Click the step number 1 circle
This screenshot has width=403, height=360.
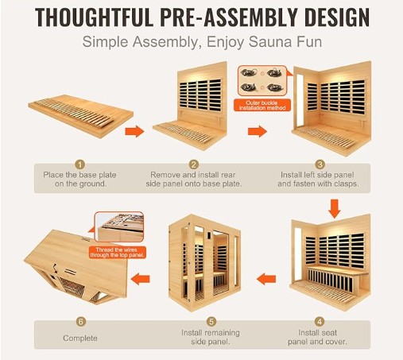79,165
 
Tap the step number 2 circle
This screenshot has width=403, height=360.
194,165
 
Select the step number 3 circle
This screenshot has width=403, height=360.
320,165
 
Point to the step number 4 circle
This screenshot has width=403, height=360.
320,322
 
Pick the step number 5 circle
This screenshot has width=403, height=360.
211,322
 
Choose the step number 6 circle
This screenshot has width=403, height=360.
81,322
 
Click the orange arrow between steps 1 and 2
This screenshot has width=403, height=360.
134,131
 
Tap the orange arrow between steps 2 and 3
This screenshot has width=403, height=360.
258,131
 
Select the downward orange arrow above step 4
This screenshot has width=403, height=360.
335,209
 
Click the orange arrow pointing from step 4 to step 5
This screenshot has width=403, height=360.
266,279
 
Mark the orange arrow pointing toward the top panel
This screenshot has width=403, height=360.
141,279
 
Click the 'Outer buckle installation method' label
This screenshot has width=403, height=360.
262,106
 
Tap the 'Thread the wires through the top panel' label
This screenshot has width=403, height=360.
117,253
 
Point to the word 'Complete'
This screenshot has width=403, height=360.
80,339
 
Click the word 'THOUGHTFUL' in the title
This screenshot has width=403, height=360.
94,17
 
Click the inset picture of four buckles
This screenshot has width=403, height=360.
262,81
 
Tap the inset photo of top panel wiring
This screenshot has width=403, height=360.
119,226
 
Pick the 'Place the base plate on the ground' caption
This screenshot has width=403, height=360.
79,180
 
